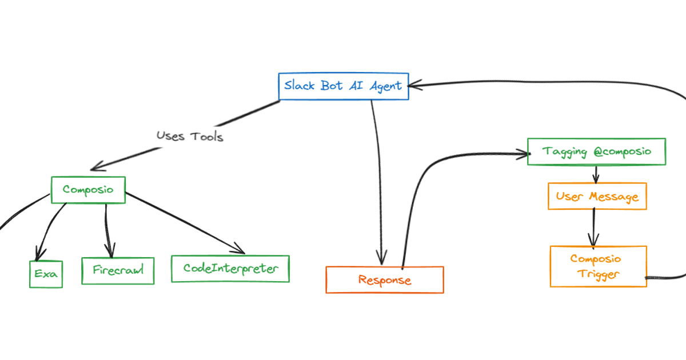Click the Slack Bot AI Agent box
(x=343, y=86)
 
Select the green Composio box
(x=88, y=190)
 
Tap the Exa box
(x=46, y=274)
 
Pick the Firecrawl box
(x=118, y=270)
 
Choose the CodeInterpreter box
(x=230, y=269)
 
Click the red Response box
(x=384, y=280)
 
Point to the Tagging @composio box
(x=596, y=152)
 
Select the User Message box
(x=597, y=197)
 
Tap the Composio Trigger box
(x=598, y=266)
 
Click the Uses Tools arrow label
(x=190, y=136)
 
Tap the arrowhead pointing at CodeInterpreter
(x=240, y=250)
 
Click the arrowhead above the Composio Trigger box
(x=594, y=240)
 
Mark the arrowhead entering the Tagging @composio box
(x=521, y=153)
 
